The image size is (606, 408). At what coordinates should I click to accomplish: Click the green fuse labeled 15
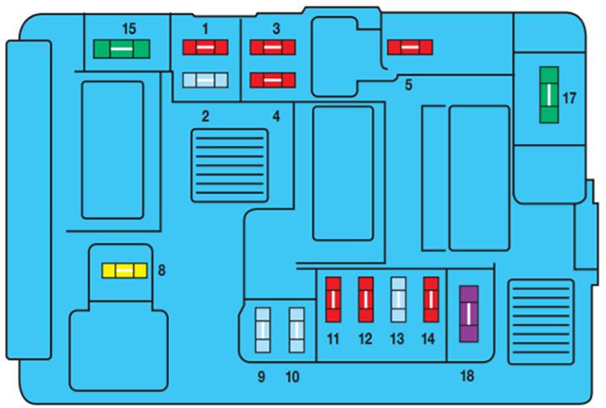[121, 49]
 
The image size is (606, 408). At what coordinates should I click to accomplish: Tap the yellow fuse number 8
[124, 270]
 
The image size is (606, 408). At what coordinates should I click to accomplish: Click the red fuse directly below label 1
[206, 48]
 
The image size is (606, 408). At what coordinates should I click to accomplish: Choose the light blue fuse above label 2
[206, 79]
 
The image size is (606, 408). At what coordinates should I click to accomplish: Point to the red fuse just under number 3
[272, 48]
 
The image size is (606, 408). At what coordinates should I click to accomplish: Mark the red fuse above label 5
[410, 48]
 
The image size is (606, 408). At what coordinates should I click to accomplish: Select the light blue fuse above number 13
[398, 299]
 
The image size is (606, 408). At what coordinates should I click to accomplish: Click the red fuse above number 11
[333, 299]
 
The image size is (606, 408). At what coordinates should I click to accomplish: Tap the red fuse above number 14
[431, 299]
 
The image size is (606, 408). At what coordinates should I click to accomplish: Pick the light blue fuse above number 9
[263, 330]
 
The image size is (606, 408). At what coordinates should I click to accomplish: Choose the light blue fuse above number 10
[297, 330]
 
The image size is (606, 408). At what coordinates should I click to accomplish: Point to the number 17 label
[570, 99]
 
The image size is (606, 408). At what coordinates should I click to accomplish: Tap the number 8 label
[162, 271]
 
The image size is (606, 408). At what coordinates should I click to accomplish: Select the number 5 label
[408, 85]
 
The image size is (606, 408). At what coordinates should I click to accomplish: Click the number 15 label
[128, 28]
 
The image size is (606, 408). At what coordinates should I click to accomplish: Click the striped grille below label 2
[229, 165]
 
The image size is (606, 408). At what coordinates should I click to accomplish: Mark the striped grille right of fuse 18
[540, 322]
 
